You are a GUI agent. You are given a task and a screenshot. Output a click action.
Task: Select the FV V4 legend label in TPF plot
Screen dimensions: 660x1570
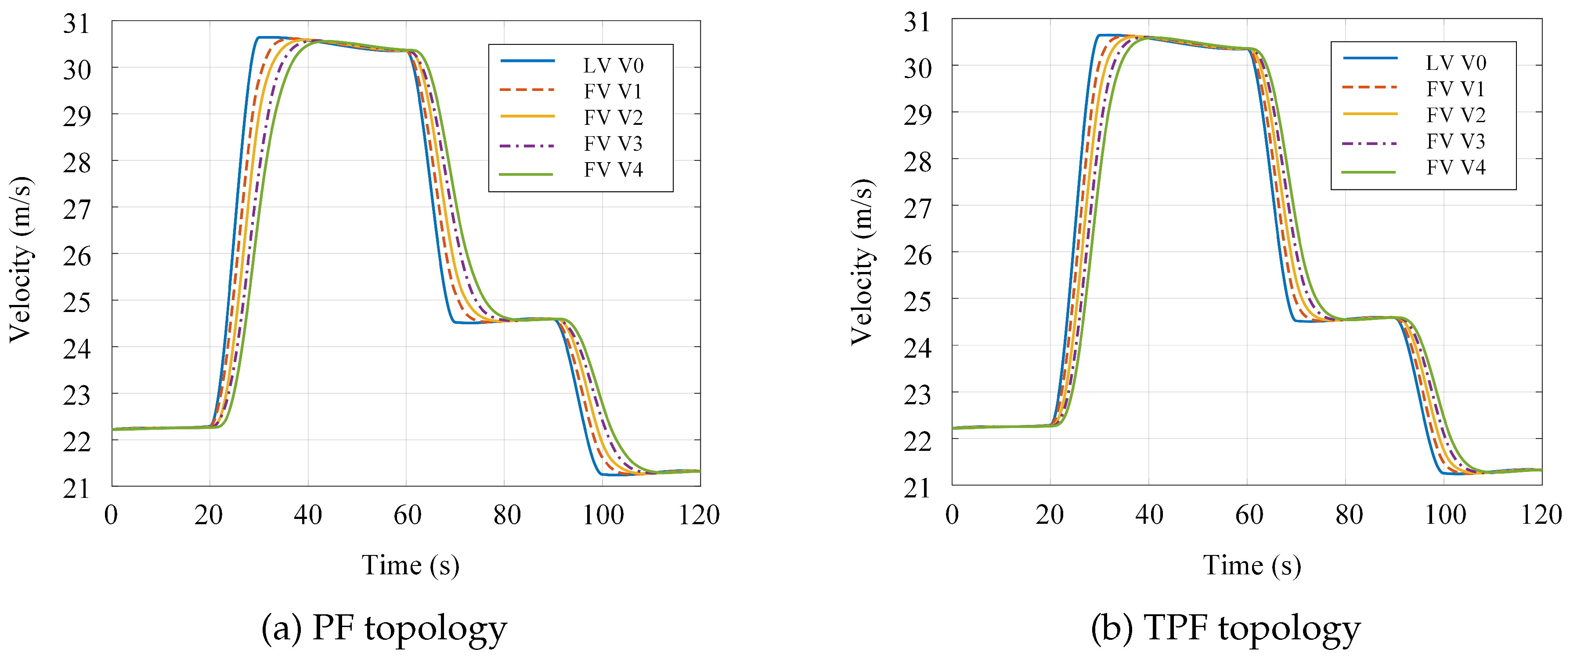click(1455, 167)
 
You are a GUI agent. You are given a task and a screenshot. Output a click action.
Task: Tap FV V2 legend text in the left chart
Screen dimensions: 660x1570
click(613, 117)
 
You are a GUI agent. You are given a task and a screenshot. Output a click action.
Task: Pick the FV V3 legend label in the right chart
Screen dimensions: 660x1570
click(1455, 141)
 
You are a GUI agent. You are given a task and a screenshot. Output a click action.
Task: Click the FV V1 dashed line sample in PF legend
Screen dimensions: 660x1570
click(527, 90)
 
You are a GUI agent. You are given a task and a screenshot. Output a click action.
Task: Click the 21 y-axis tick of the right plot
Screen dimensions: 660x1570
click(917, 488)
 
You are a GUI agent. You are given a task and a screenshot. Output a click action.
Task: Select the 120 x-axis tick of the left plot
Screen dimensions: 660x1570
click(699, 515)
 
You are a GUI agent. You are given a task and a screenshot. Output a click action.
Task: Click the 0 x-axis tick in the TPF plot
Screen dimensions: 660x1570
click(952, 515)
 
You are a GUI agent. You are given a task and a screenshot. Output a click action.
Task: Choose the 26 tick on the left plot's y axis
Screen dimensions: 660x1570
click(77, 256)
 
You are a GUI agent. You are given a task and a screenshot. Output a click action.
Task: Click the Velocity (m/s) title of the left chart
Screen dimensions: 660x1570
click(20, 259)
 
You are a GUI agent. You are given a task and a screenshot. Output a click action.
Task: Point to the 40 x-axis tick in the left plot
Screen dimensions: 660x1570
click(308, 515)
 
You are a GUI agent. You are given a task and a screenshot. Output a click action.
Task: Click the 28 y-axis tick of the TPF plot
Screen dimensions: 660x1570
click(917, 162)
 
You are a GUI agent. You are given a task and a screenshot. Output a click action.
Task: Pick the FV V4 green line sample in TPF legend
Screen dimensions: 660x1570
click(1369, 172)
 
